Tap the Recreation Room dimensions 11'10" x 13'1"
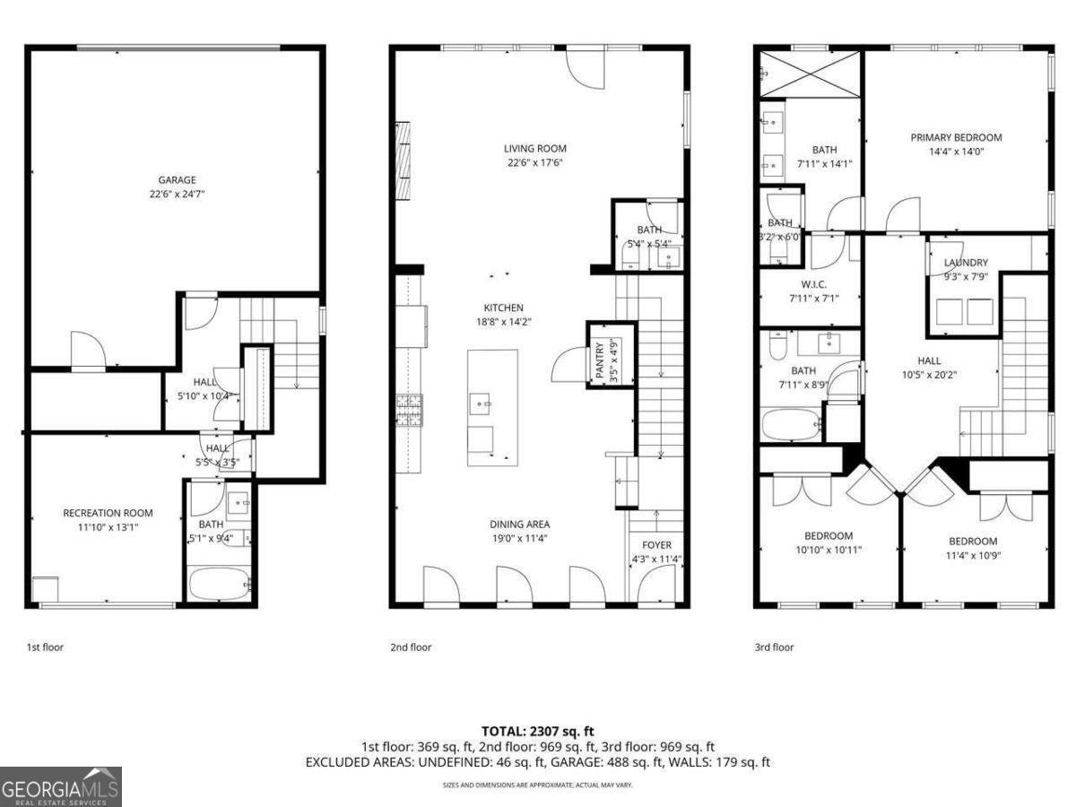108,527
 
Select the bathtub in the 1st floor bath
220,584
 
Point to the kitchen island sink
480,404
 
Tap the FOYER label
656,545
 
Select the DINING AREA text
519,525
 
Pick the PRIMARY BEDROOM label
956,137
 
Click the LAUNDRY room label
966,263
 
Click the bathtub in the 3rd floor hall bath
791,424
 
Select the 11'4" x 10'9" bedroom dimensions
973,555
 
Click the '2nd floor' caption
411,647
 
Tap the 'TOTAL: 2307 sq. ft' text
537,732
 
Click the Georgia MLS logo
60,787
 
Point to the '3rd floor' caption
774,647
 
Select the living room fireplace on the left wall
403,161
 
